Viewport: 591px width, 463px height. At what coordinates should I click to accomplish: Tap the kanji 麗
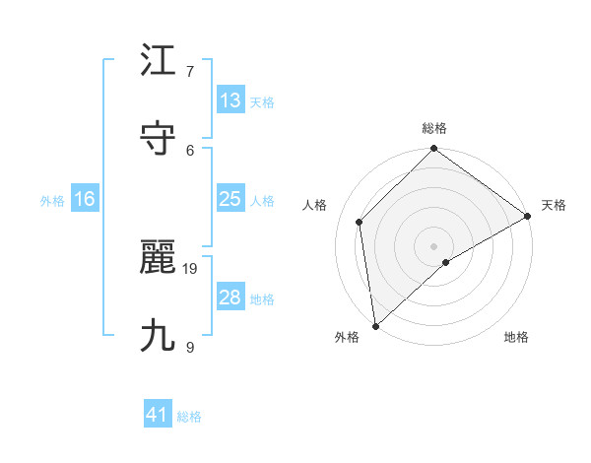(x=159, y=258)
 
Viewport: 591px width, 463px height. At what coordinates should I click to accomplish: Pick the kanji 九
(x=159, y=336)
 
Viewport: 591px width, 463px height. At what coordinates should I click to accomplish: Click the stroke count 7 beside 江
(x=190, y=71)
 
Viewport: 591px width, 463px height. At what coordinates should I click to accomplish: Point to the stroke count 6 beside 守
(x=190, y=149)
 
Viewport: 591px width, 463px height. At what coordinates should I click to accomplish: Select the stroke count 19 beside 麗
(x=191, y=268)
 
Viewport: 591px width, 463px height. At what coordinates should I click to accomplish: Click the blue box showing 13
(x=230, y=100)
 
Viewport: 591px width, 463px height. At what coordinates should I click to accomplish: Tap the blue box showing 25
(x=230, y=199)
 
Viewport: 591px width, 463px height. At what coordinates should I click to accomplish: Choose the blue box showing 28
(x=230, y=298)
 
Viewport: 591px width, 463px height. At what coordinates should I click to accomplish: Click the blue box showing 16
(x=85, y=199)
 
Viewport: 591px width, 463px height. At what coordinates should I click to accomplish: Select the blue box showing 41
(x=158, y=415)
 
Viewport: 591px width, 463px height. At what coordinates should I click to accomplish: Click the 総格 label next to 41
(x=189, y=417)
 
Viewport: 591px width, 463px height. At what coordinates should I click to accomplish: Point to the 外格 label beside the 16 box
(x=52, y=201)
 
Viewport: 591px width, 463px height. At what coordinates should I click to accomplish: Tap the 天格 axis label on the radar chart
(x=554, y=205)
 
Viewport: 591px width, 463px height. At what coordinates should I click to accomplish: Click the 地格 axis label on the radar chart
(x=516, y=337)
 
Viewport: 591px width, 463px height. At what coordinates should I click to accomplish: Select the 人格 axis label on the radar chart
(x=315, y=205)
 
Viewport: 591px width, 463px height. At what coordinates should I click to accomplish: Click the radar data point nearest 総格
(x=433, y=150)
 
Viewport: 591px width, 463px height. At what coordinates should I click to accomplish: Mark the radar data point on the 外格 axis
(x=375, y=325)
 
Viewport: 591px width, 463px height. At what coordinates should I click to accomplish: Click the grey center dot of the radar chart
(x=433, y=245)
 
